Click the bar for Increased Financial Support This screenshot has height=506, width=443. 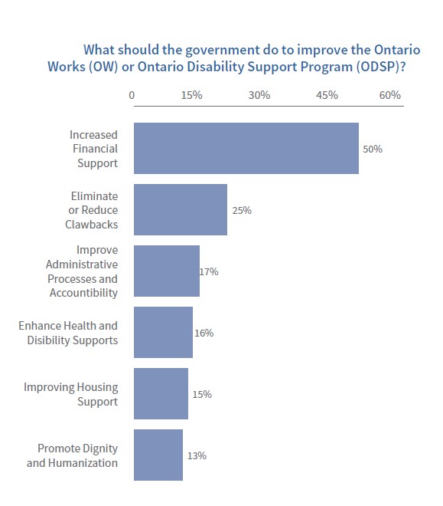[x=246, y=148]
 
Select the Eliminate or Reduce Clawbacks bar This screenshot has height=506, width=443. [x=181, y=209]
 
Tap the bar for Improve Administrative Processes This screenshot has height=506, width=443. [x=167, y=271]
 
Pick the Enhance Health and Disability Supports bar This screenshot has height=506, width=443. [x=163, y=332]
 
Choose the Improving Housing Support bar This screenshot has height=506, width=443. [x=161, y=393]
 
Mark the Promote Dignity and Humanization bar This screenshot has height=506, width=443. [x=158, y=455]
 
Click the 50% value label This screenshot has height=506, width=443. [x=373, y=149]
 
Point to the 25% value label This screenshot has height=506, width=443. [x=242, y=210]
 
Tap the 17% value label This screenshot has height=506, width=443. [x=209, y=271]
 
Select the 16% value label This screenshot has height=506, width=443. [x=204, y=333]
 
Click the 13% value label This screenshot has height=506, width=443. [x=197, y=455]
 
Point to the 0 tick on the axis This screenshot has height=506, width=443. [x=132, y=96]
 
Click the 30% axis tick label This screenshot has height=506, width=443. [x=259, y=96]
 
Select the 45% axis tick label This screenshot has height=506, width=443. [x=327, y=96]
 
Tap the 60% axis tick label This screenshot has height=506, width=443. [x=389, y=96]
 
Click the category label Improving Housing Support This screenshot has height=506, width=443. [x=70, y=395]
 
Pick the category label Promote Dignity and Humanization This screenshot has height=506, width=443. [x=72, y=455]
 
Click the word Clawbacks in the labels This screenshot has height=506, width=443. [x=91, y=225]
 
